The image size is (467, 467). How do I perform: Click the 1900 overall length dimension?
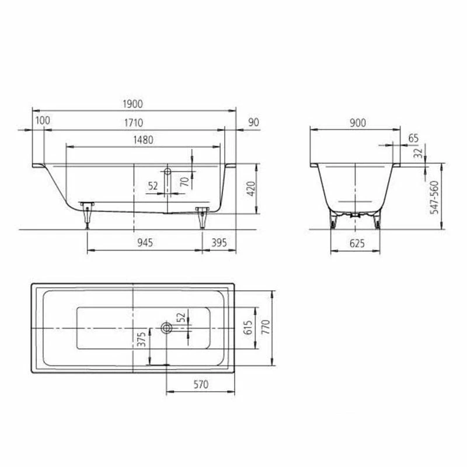pyautogui.click(x=133, y=104)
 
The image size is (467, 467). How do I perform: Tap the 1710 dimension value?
pyautogui.click(x=134, y=123)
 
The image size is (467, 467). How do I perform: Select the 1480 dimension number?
pyautogui.click(x=143, y=140)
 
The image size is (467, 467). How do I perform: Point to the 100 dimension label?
pyautogui.click(x=43, y=121)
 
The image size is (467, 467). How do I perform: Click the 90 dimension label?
pyautogui.click(x=253, y=123)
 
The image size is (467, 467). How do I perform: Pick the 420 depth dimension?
pyautogui.click(x=251, y=189)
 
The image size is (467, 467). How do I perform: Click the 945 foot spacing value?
pyautogui.click(x=145, y=242)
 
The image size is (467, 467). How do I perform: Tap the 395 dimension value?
pyautogui.click(x=219, y=242)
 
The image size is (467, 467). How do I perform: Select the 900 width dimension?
pyautogui.click(x=358, y=123)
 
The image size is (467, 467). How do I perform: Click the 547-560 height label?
pyautogui.click(x=435, y=197)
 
